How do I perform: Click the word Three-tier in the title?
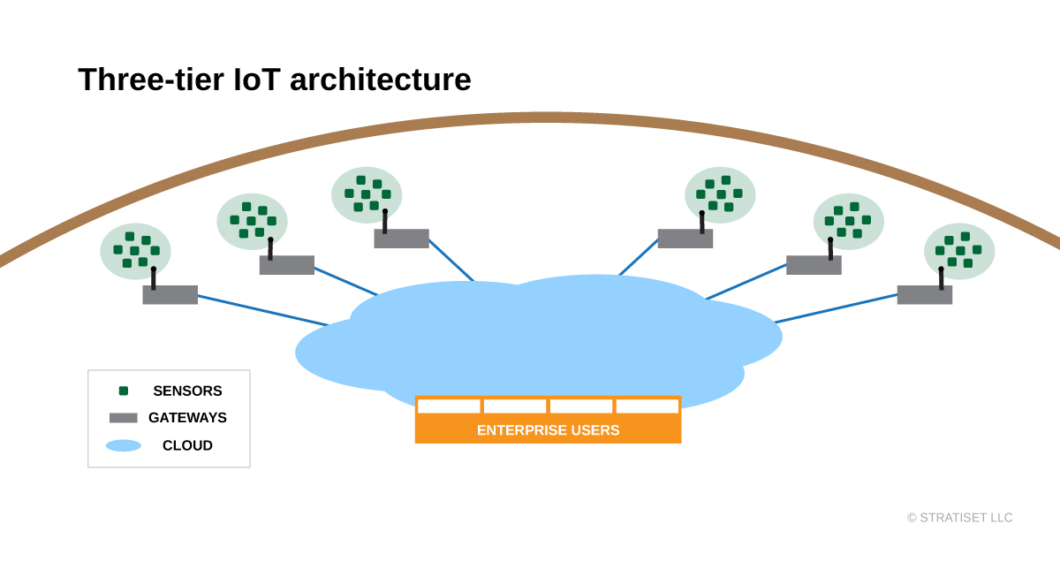tap(151, 79)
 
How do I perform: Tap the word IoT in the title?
tap(257, 79)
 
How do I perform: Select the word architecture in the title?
tap(381, 79)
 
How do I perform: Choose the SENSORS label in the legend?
tap(187, 391)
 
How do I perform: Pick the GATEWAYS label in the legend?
tap(187, 418)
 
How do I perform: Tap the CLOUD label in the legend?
tap(187, 445)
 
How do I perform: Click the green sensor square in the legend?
tap(124, 391)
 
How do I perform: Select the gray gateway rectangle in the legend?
tap(124, 418)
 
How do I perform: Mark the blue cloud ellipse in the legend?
tap(124, 445)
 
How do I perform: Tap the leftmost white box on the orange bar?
tap(449, 406)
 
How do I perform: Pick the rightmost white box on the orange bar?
tap(647, 406)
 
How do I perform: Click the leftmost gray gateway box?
tap(170, 294)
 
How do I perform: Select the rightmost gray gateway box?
tap(925, 294)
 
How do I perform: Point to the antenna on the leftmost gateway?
tap(154, 278)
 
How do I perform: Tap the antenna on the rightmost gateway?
tap(942, 278)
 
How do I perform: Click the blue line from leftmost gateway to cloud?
tap(263, 310)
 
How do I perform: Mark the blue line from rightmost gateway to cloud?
tap(837, 308)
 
